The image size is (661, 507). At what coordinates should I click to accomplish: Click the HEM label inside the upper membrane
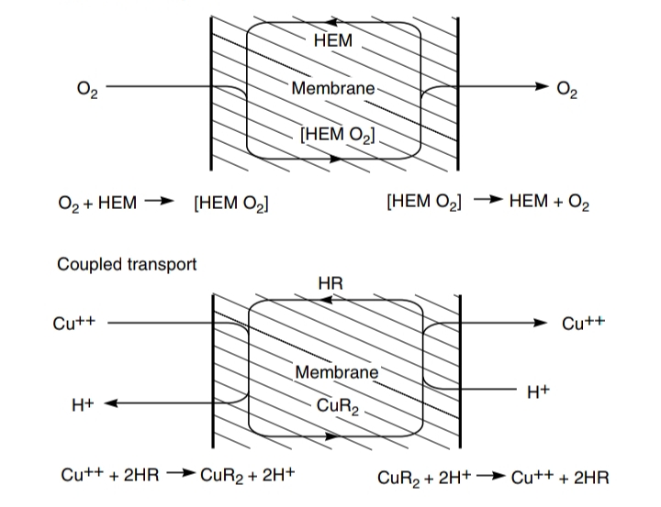click(331, 40)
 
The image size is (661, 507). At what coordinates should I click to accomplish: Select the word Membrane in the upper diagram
click(333, 88)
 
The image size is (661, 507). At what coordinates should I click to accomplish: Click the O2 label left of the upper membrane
click(88, 89)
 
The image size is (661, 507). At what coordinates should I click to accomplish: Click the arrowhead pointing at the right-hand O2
click(539, 88)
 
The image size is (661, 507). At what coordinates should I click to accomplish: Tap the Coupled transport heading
click(127, 264)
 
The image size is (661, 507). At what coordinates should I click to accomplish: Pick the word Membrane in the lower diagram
click(337, 372)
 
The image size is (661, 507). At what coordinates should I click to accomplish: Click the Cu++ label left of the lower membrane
click(78, 322)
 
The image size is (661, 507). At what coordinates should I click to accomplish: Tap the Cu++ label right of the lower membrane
click(582, 323)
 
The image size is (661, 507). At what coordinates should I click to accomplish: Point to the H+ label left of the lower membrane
click(84, 403)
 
